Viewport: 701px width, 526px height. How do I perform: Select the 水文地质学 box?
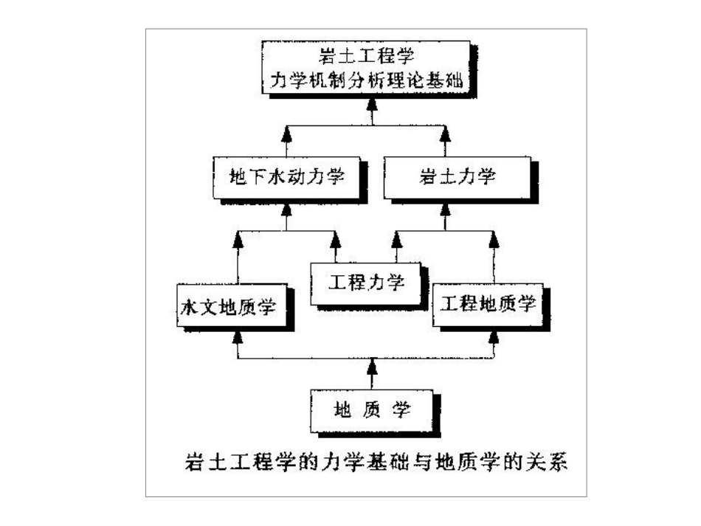pos(227,307)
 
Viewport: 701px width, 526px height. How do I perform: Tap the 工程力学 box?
pos(367,283)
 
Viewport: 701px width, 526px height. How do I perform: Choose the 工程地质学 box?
pos(488,303)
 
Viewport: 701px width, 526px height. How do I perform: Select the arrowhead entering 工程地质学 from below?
pos(493,336)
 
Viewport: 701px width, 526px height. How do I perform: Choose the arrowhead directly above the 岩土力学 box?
pos(444,133)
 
